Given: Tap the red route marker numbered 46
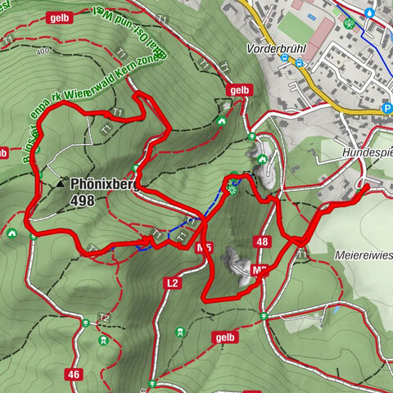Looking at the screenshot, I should [75, 350].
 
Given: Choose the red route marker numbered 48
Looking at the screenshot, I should [262, 242].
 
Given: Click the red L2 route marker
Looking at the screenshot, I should [172, 282].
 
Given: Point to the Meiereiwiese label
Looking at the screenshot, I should [363, 255].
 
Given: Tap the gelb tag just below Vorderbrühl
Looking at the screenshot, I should [239, 90].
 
